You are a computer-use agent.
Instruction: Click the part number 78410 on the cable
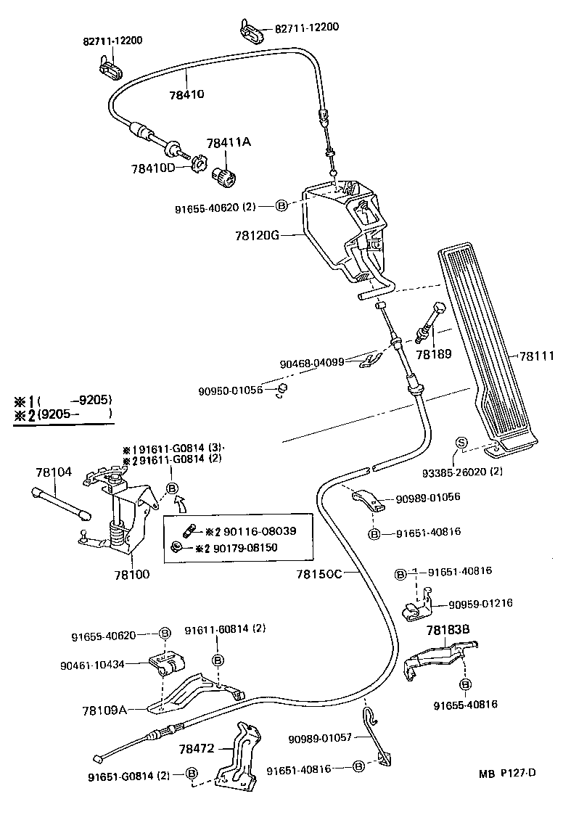tap(188, 94)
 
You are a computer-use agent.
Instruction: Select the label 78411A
tap(228, 143)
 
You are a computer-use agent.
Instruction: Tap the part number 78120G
tap(256, 236)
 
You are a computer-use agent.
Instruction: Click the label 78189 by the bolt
tap(433, 354)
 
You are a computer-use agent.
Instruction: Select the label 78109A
tap(105, 709)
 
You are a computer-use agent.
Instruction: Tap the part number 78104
tap(54, 472)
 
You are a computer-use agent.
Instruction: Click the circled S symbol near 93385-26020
tap(460, 443)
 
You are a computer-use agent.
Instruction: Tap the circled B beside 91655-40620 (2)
tap(282, 206)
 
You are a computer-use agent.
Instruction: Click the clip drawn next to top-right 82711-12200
tap(251, 33)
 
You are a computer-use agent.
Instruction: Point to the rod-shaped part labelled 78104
tap(61, 503)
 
